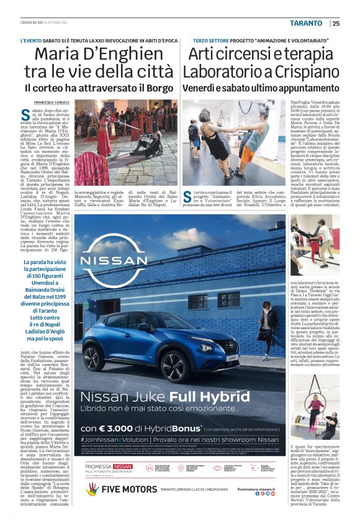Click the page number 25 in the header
(x=336, y=24)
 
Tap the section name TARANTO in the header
(x=306, y=24)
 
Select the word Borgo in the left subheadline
(x=156, y=88)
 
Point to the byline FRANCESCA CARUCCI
(x=52, y=102)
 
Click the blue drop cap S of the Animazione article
(x=189, y=197)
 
